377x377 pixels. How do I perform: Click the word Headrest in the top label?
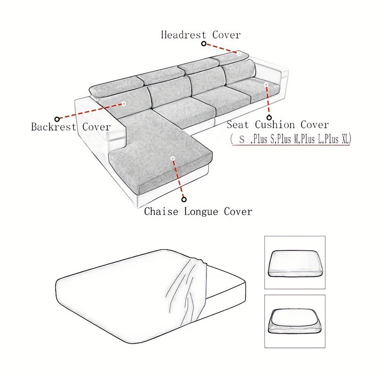tap(183, 35)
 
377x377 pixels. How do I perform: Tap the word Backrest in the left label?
tap(53, 127)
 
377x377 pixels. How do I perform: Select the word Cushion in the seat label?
tap(275, 125)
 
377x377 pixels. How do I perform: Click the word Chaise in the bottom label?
tap(161, 212)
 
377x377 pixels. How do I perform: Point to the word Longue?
tap(201, 212)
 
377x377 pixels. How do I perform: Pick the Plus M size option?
tap(287, 139)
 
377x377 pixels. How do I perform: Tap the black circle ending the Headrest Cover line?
tap(204, 44)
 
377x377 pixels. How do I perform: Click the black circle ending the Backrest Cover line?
tap(57, 119)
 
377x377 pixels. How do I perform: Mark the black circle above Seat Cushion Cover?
tap(269, 117)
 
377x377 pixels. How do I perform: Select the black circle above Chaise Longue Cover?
tap(184, 199)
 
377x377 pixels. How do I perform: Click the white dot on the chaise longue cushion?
tap(172, 158)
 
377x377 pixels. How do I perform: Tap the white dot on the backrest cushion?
tap(124, 104)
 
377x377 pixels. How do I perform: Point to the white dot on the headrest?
tap(238, 54)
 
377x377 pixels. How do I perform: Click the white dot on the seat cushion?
tap(266, 84)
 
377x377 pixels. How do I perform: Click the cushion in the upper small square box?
tap(295, 263)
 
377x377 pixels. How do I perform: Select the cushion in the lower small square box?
tap(295, 321)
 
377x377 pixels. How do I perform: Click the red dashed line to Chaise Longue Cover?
tap(178, 179)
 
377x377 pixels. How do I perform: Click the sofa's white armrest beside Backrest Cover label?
tap(101, 120)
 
